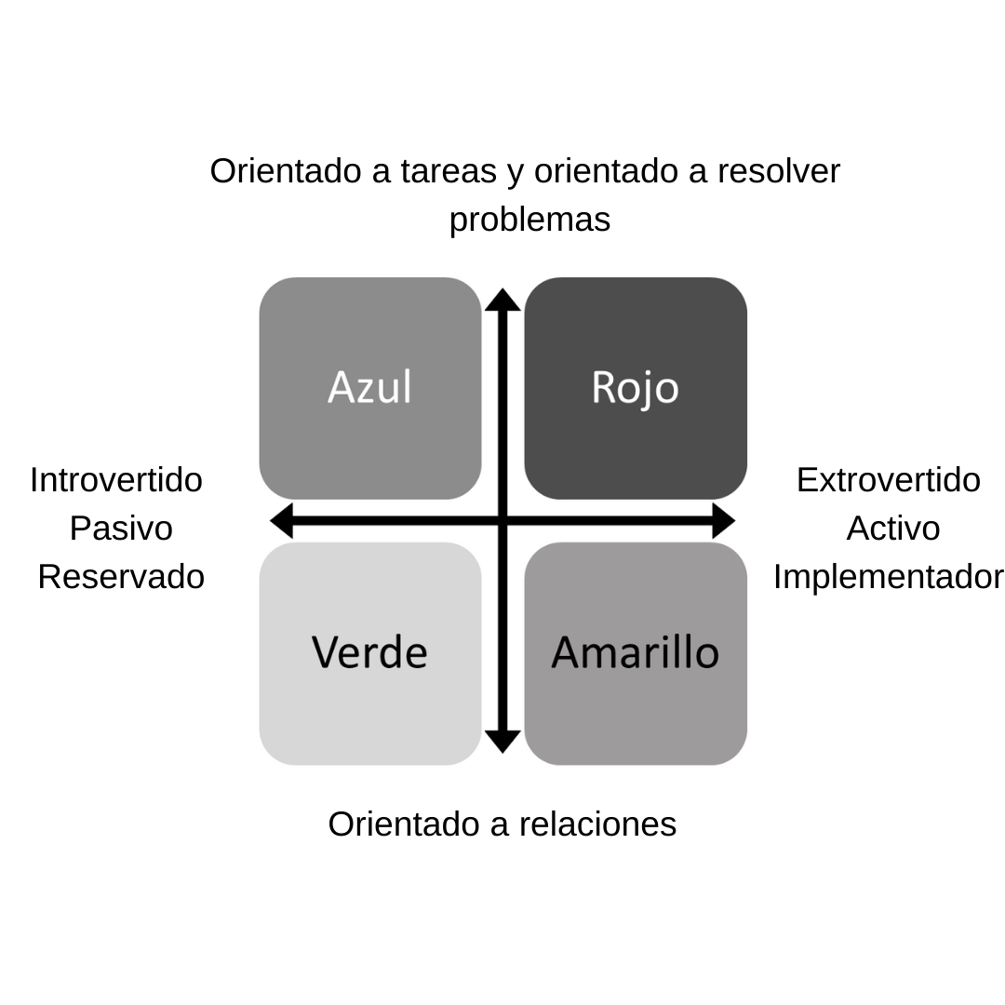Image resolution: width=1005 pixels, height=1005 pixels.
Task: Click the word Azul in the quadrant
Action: pos(369,387)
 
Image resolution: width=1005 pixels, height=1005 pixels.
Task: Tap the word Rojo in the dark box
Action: pos(635,387)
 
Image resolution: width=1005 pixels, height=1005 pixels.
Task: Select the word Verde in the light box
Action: pos(369,652)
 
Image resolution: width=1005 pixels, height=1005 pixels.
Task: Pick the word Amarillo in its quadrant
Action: pos(635,652)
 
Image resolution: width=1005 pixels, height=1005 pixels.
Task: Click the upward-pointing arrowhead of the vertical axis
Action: pos(502,300)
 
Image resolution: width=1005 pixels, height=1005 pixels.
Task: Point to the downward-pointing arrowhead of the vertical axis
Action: pos(502,742)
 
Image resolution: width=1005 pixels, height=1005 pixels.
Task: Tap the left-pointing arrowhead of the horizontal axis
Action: pos(281,520)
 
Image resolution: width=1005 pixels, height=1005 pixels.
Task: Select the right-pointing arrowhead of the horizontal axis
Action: pos(724,520)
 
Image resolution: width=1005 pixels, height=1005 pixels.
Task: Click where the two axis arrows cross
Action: pos(502,520)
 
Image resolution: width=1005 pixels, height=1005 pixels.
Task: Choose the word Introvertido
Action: pos(116,480)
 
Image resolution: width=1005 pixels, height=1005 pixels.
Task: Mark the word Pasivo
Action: pos(121,529)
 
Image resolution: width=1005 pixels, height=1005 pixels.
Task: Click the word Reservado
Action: pos(121,577)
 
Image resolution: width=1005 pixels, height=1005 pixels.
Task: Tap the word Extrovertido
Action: pos(888,480)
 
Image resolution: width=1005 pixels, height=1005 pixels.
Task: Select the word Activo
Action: pos(892,529)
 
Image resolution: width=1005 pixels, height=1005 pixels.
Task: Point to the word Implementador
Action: pos(888,577)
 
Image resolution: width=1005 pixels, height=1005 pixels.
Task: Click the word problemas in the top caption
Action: pos(529,221)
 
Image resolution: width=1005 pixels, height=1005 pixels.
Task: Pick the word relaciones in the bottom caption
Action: pos(597,824)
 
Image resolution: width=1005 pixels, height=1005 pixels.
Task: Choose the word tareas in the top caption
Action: pos(448,171)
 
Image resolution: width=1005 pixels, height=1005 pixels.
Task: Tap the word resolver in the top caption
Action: pos(779,171)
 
